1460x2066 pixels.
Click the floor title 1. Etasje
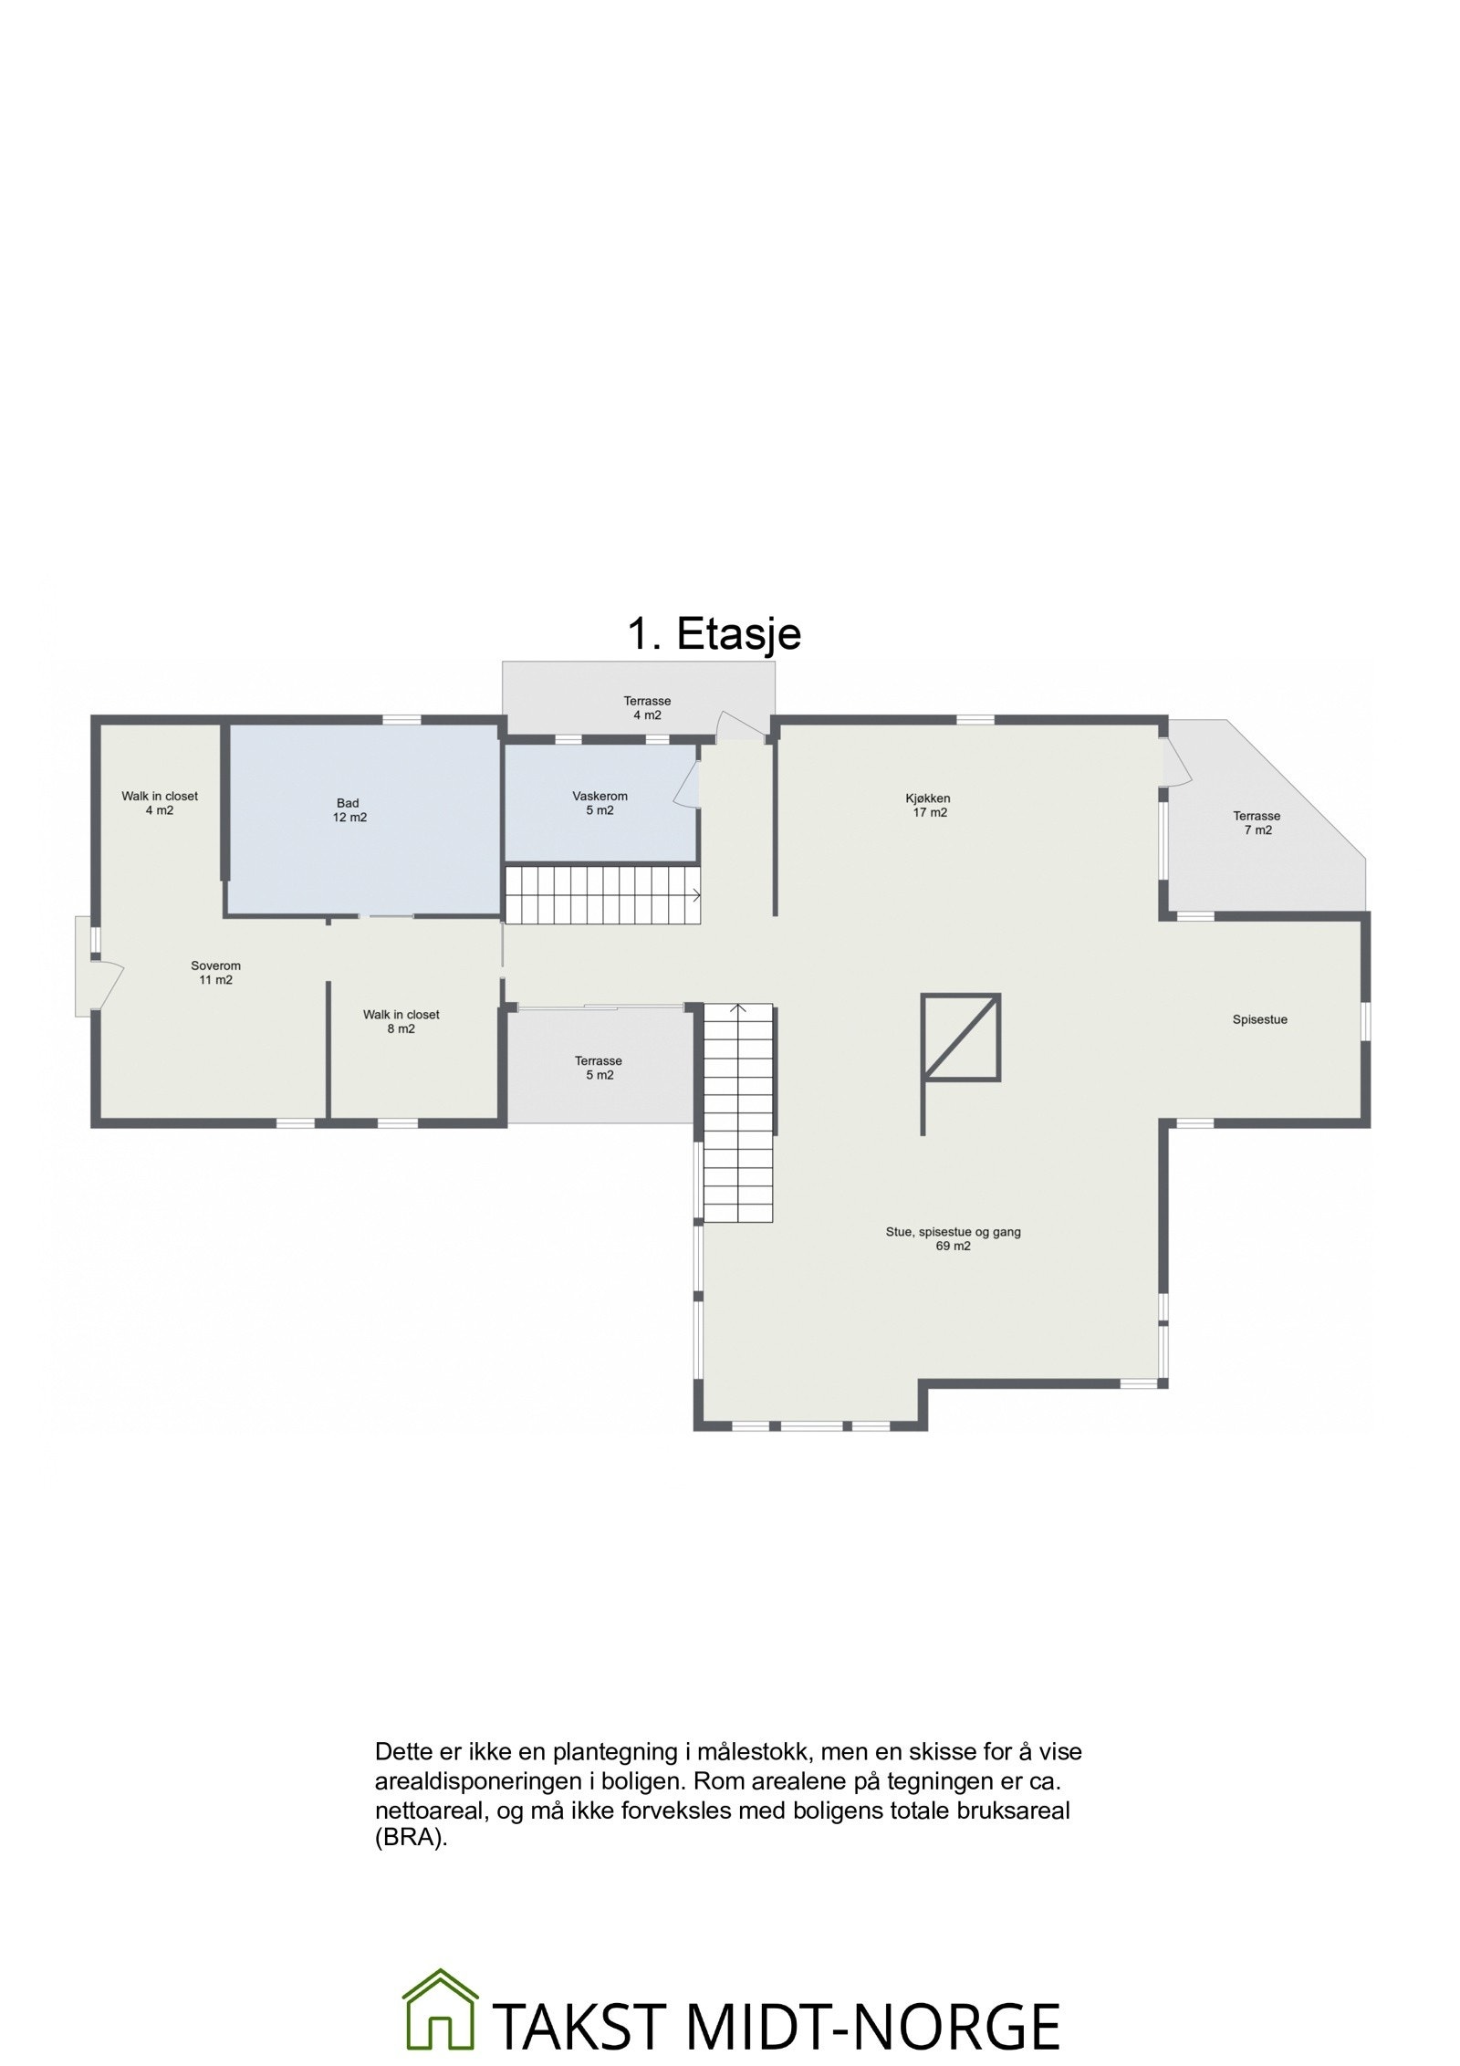tap(714, 634)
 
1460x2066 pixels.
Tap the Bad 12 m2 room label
tap(349, 810)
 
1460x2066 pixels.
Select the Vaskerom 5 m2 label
tap(600, 803)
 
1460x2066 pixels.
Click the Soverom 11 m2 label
tap(215, 973)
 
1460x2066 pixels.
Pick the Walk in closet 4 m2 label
tap(160, 803)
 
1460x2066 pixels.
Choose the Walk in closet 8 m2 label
tap(401, 1021)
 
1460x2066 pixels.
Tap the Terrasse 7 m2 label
tap(1257, 823)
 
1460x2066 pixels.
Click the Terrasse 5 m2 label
tap(599, 1068)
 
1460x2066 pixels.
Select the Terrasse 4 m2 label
tap(647, 708)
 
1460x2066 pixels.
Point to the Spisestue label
tap(1259, 1019)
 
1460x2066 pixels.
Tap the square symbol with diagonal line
tap(961, 1036)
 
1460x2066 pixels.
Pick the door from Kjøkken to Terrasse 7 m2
tap(1177, 762)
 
